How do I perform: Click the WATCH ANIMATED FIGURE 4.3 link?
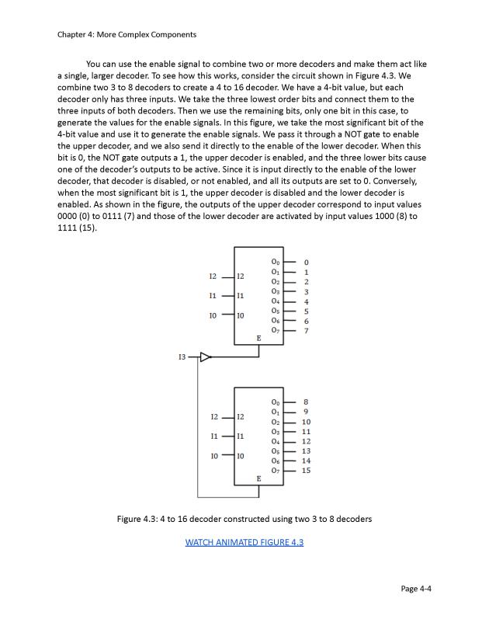pos(244,542)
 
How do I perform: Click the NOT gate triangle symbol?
pos(206,357)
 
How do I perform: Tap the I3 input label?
pos(182,357)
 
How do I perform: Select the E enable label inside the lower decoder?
pos(258,478)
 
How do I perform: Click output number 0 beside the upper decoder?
pos(307,262)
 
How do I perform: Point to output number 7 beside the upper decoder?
pos(307,331)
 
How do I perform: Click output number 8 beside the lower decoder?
pos(307,402)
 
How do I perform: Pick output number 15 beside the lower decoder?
pos(307,471)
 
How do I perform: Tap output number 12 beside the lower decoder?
pos(307,441)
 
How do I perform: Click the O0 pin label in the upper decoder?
pos(276,262)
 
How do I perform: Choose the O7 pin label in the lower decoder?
pos(276,471)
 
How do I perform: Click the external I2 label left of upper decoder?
pos(213,277)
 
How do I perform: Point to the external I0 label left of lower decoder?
pos(213,456)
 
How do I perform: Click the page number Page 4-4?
pos(416,589)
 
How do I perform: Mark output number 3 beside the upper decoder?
pos(307,291)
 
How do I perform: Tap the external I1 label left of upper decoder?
pos(213,296)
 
